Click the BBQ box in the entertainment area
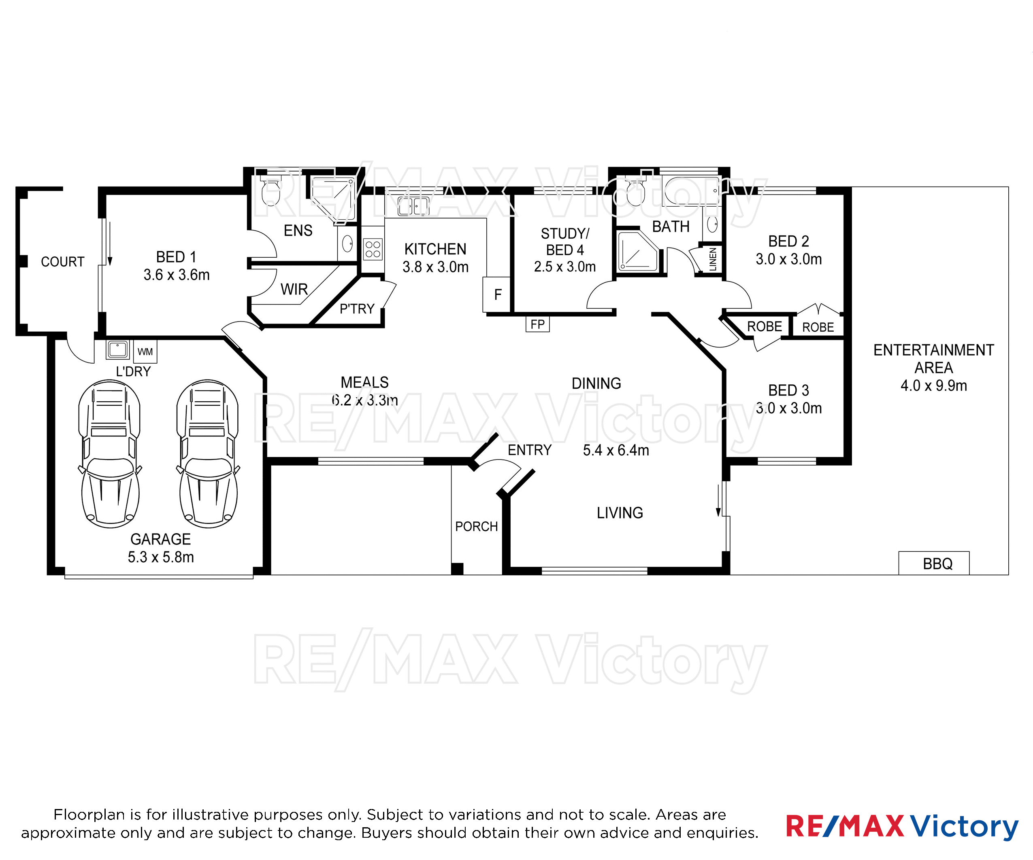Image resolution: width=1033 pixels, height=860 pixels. [x=934, y=563]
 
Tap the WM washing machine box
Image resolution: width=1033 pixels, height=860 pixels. [x=145, y=352]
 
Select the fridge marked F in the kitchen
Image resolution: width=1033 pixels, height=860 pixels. [x=496, y=294]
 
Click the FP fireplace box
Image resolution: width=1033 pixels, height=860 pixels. [x=538, y=324]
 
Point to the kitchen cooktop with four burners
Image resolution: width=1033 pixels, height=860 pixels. [x=373, y=249]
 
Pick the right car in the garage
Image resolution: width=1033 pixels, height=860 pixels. [x=208, y=453]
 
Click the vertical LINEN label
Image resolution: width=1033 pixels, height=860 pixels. [x=713, y=259]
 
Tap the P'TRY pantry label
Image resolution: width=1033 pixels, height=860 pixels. [x=357, y=309]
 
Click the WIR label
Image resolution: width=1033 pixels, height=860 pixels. [x=294, y=289]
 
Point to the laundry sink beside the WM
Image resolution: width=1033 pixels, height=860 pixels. [x=117, y=350]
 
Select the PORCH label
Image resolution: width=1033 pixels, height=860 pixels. [x=476, y=526]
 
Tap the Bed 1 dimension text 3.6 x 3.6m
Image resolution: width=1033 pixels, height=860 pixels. [x=177, y=275]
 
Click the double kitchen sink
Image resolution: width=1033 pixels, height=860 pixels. [x=413, y=206]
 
